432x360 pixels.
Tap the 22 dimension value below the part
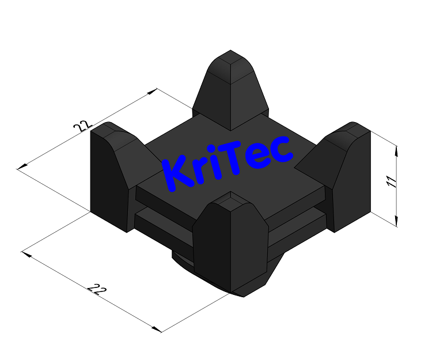tap(98, 290)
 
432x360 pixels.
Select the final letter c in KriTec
tap(282, 150)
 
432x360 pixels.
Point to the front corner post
tap(230, 242)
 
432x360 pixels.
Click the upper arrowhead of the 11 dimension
tap(396, 151)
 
